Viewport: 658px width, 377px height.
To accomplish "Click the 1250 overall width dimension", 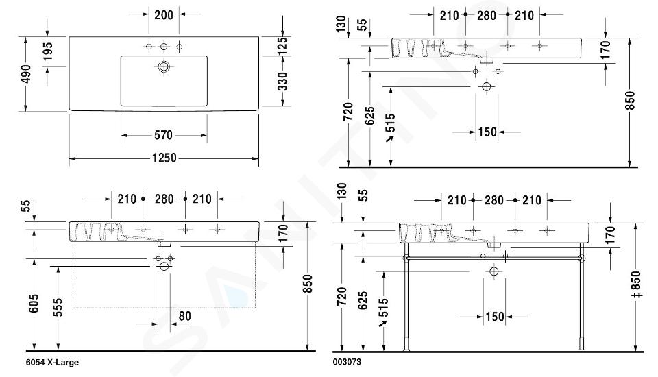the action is pyautogui.click(x=164, y=158).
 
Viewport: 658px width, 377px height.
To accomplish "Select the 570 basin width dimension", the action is pyautogui.click(x=163, y=135).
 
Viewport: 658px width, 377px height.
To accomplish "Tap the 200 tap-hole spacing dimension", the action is pyautogui.click(x=164, y=15).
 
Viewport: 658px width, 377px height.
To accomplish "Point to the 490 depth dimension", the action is pyautogui.click(x=26, y=74).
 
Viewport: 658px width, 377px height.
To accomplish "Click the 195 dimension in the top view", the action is pyautogui.click(x=47, y=51).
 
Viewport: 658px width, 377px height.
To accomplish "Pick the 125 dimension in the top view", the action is pyautogui.click(x=282, y=46).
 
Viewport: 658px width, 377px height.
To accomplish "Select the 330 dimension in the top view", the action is pyautogui.click(x=282, y=82).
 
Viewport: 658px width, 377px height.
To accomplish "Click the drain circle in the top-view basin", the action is pyautogui.click(x=164, y=66).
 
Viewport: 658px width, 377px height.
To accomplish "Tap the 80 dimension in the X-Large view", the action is pyautogui.click(x=184, y=316).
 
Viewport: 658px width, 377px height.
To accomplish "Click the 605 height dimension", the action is pyautogui.click(x=34, y=303).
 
